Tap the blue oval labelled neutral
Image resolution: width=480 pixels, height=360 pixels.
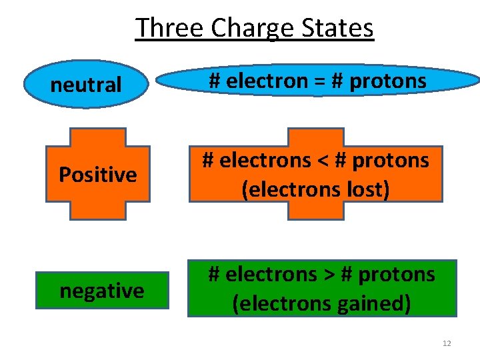(x=86, y=85)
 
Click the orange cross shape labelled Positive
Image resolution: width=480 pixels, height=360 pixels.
(x=97, y=175)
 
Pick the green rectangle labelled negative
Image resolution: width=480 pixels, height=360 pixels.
(x=102, y=291)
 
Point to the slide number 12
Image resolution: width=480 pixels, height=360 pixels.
(x=447, y=343)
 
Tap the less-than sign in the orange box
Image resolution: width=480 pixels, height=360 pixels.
(x=327, y=161)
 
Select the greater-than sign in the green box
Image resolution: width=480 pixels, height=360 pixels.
(x=333, y=274)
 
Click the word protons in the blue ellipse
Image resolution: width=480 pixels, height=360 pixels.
(x=388, y=82)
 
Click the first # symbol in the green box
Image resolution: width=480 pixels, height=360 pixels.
(x=215, y=274)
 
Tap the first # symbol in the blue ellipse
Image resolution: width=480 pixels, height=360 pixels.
(x=215, y=81)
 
